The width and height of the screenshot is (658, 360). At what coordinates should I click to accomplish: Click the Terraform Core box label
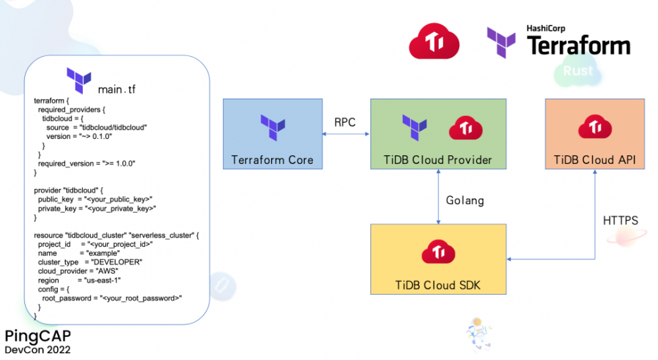pyautogui.click(x=272, y=160)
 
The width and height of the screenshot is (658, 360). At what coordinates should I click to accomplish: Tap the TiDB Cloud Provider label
pyautogui.click(x=438, y=160)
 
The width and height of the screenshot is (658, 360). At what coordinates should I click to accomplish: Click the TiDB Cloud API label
pyautogui.click(x=595, y=160)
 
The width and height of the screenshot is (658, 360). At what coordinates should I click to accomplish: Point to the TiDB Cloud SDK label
pyautogui.click(x=438, y=285)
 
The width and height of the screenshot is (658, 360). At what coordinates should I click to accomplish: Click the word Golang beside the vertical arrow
pyautogui.click(x=465, y=200)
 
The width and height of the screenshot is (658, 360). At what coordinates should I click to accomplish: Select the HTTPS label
pyautogui.click(x=620, y=220)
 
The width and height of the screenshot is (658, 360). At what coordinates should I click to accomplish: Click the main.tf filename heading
pyautogui.click(x=116, y=89)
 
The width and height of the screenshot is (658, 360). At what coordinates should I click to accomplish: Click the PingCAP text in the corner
pyautogui.click(x=38, y=336)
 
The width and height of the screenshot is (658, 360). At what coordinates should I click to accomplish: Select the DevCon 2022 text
pyautogui.click(x=38, y=350)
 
